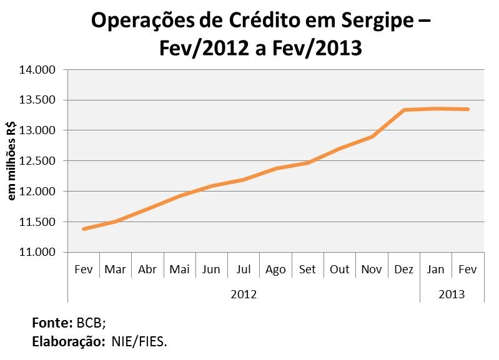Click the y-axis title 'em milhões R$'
coord(11,161)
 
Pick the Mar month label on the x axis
coord(116,270)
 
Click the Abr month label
coord(147,270)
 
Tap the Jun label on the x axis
coord(212,270)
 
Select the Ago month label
coord(275,270)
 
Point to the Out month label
coord(340,270)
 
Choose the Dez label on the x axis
coord(403,270)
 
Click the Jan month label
coord(435,270)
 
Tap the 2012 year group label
coord(244,294)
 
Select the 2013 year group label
coord(452,294)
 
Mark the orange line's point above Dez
coord(404,110)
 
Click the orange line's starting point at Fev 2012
coord(84,229)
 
